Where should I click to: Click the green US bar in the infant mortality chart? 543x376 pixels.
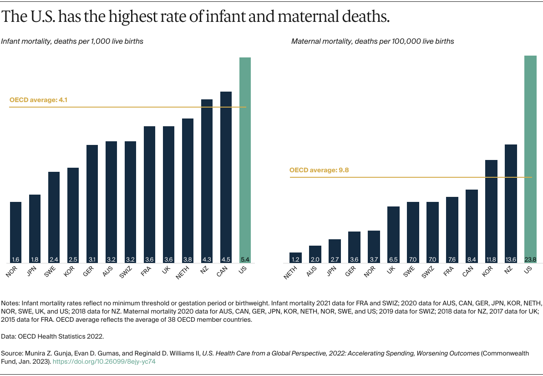coord(245,160)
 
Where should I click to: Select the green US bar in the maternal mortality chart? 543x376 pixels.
coord(530,160)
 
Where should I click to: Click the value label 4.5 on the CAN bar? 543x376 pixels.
coord(226,259)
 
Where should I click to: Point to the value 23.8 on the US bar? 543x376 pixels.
coord(530,259)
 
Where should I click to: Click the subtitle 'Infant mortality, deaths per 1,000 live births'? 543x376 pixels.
coord(72,41)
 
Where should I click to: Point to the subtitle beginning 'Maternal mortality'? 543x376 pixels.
coord(372,41)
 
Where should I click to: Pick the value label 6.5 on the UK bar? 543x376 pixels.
coord(393,259)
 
